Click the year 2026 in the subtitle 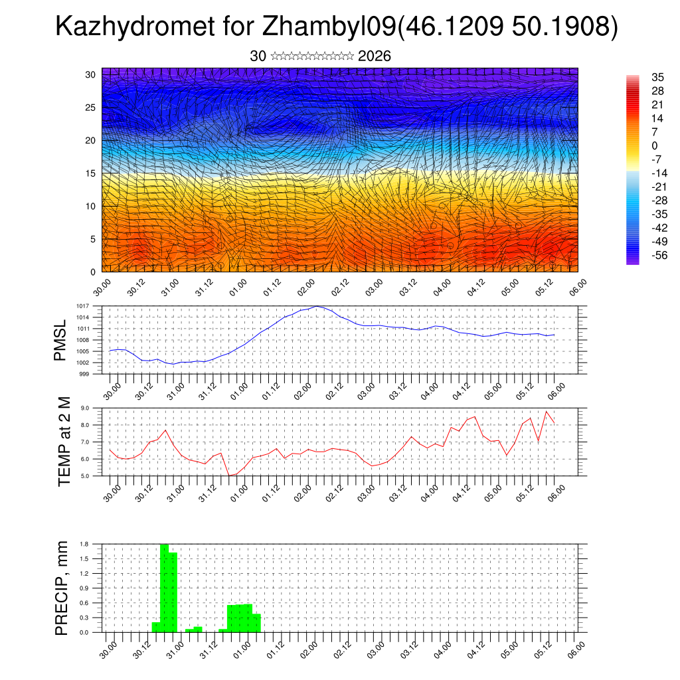click(374, 56)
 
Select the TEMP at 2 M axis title click(64, 442)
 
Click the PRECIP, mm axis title click(62, 588)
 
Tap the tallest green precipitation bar click(165, 588)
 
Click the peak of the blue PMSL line click(317, 306)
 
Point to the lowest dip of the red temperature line click(229, 475)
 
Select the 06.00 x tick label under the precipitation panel click(577, 648)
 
